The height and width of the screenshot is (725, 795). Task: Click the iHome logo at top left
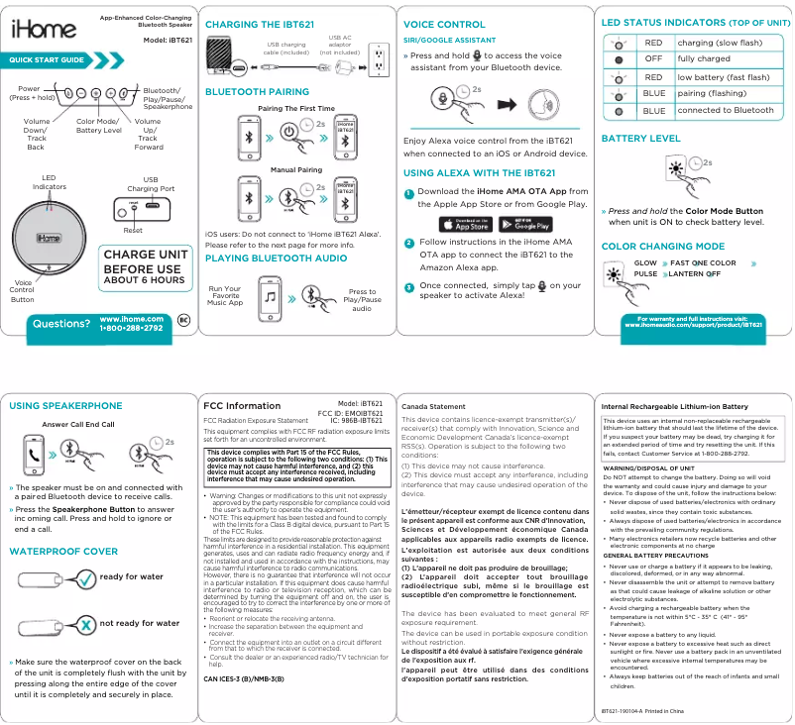click(44, 30)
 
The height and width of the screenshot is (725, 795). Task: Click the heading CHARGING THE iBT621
click(258, 24)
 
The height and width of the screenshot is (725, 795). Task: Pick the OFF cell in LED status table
click(653, 59)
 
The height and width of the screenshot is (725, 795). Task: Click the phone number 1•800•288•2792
click(131, 328)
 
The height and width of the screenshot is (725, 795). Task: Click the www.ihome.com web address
click(131, 318)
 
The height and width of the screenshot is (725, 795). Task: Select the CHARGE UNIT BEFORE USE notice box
click(145, 267)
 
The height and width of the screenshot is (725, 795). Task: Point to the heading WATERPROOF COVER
click(63, 551)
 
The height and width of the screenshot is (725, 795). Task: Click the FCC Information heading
click(241, 406)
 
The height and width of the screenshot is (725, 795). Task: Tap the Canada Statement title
click(433, 407)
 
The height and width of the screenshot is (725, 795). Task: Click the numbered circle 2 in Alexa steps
click(408, 244)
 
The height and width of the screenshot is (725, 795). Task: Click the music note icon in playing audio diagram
click(270, 294)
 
